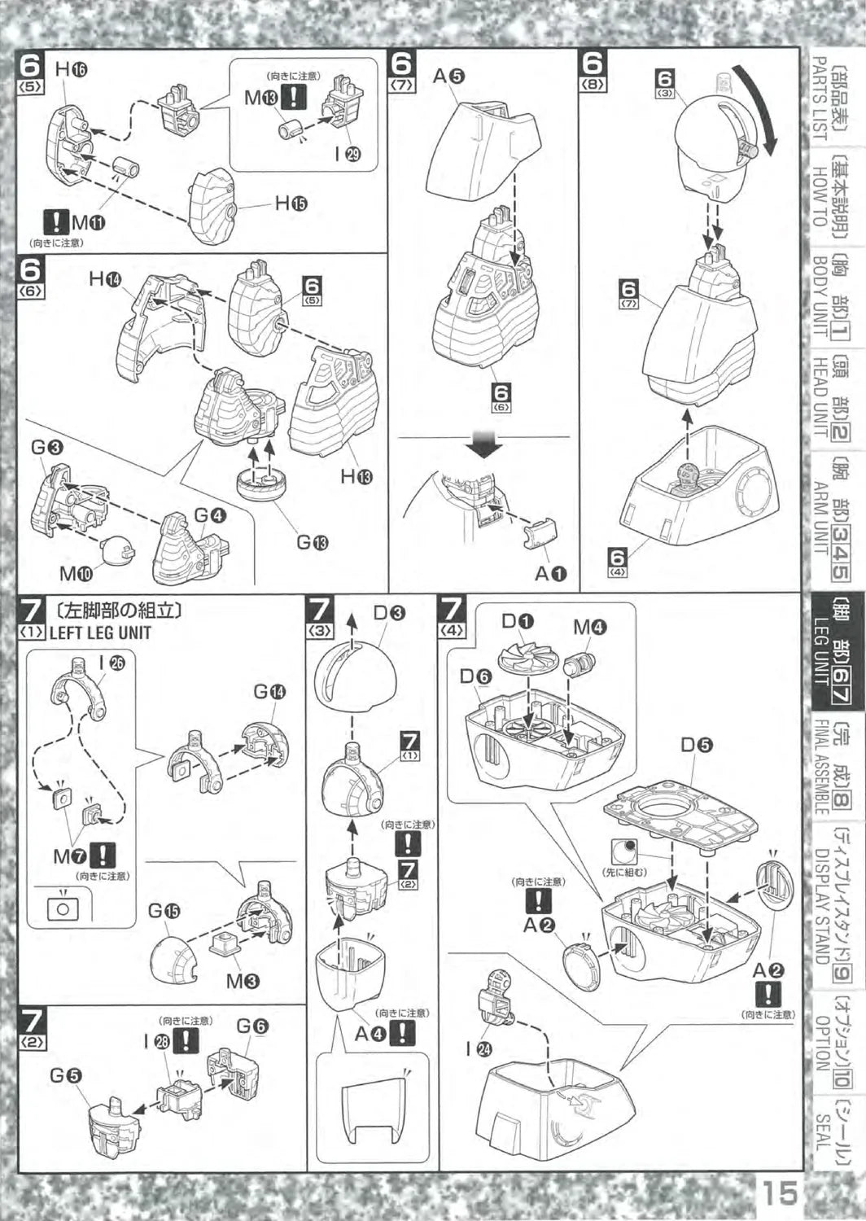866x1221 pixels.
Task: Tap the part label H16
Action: click(72, 70)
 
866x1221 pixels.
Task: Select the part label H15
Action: click(291, 203)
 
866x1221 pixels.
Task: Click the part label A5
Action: click(448, 77)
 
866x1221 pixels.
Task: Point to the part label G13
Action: click(312, 541)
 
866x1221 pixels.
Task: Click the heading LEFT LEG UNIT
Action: click(100, 632)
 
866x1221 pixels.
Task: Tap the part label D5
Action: click(698, 744)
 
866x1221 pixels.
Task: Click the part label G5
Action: click(66, 1075)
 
